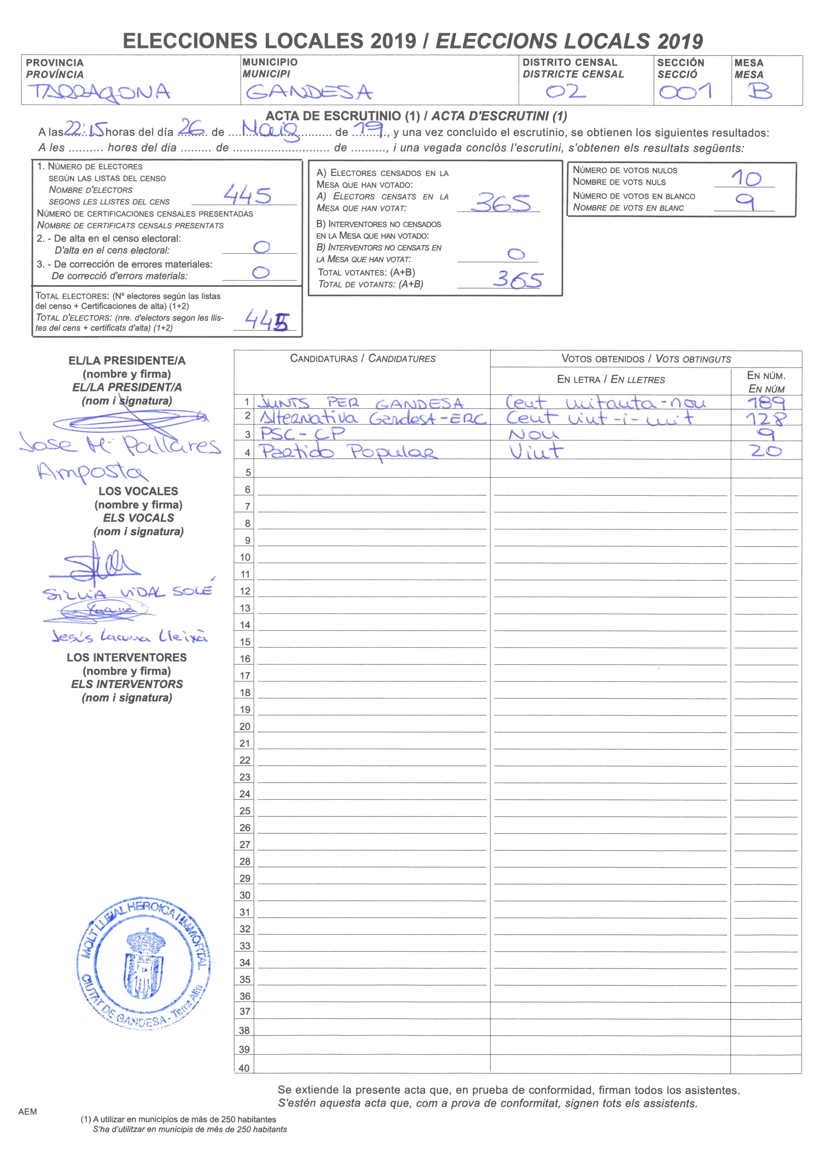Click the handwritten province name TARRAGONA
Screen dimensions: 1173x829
pyautogui.click(x=99, y=93)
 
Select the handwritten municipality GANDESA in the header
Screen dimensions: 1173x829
pyautogui.click(x=309, y=93)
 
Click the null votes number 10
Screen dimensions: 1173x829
pyautogui.click(x=746, y=178)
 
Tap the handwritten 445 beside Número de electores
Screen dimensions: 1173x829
pyautogui.click(x=247, y=195)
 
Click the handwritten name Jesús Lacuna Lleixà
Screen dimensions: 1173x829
pyautogui.click(x=129, y=636)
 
